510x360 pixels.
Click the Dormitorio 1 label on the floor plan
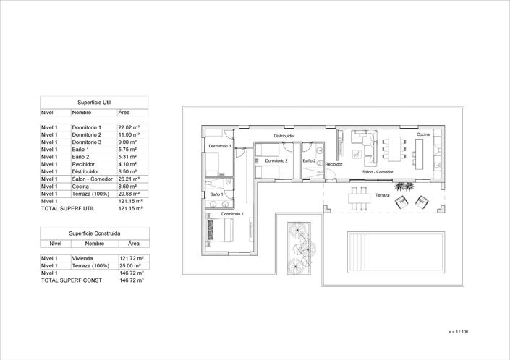(x=231, y=214)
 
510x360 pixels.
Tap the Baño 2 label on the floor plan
(x=309, y=160)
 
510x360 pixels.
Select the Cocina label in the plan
(x=422, y=135)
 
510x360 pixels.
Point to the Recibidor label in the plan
(x=333, y=164)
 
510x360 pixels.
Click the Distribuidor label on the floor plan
(x=284, y=136)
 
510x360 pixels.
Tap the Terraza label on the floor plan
(x=382, y=195)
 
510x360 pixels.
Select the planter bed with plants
(x=298, y=247)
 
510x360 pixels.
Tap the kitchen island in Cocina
(x=418, y=147)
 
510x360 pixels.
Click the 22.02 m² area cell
(x=129, y=127)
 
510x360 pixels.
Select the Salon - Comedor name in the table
(x=92, y=179)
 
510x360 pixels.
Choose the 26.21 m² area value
(x=129, y=179)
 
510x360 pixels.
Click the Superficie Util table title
(x=94, y=103)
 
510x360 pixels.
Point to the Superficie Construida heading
(x=95, y=233)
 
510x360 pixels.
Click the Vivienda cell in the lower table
(x=84, y=258)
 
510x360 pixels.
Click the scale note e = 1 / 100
(x=458, y=331)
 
